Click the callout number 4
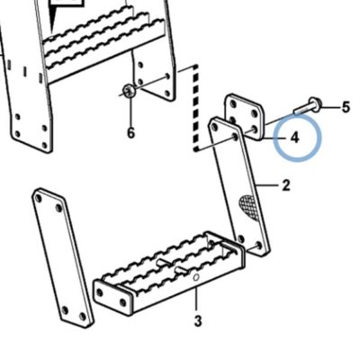295,138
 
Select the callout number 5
346,107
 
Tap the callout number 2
286,185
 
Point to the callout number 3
198,321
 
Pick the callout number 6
131,132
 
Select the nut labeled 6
130,90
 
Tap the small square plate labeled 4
245,117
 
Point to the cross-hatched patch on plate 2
249,207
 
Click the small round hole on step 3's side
196,277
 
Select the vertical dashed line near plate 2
196,108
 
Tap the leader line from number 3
196,299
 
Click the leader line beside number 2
267,185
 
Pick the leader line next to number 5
330,107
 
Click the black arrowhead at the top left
53,18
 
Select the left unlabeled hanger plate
63,258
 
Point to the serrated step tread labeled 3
169,273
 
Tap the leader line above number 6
131,111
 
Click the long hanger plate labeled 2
239,186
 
